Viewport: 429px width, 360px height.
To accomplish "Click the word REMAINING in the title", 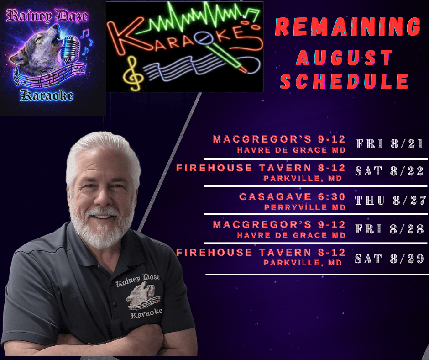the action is tap(348, 27).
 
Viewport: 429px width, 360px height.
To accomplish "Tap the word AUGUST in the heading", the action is tap(345, 58).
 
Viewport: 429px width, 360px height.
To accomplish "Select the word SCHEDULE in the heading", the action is tap(344, 81).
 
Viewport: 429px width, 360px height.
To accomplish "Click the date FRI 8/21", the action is tap(390, 143).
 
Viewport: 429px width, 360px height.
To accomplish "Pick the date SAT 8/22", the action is tap(389, 171).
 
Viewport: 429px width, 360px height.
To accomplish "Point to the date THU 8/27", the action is tap(390, 200).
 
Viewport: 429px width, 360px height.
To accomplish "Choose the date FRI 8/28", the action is tap(390, 229).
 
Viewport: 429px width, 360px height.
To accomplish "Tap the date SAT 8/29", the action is tap(389, 259).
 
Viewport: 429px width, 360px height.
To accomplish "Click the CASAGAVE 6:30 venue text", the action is tap(292, 197).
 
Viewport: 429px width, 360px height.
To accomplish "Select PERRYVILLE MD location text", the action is tap(305, 208).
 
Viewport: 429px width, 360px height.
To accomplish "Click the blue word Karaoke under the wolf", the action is tap(47, 95).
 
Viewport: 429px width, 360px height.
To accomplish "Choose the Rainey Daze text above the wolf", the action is tap(47, 16).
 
